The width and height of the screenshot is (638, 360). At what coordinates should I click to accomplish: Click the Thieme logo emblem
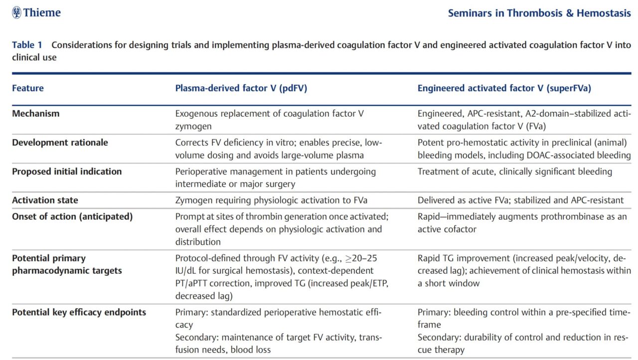coord(16,12)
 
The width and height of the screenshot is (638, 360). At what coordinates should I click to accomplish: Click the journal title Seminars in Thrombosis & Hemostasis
coord(539,13)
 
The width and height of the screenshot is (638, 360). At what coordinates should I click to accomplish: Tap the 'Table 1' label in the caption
coord(27,45)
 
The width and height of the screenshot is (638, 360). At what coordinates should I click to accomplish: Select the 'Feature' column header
coord(27,88)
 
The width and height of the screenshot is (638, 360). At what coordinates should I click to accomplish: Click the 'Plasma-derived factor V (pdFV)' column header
coord(241,88)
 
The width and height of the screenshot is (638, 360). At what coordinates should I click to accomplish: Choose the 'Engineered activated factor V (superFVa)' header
coord(504,88)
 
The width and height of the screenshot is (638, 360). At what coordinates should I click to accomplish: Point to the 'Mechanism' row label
coord(35,113)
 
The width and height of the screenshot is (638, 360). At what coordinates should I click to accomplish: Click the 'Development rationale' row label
coord(60,143)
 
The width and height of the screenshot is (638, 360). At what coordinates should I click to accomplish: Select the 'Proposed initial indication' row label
coord(67,172)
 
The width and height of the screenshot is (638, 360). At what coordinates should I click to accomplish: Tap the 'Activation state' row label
coord(45,200)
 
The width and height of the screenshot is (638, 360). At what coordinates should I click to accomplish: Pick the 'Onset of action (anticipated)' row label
coord(72,217)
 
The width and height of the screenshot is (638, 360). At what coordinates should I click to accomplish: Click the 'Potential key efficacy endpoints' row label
coord(79,312)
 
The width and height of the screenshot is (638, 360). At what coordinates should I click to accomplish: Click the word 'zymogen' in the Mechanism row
coord(193,127)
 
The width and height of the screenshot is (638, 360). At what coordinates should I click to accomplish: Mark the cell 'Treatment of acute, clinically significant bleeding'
coord(515,172)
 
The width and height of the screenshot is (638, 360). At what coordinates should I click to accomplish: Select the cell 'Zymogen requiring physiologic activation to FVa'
coord(271,200)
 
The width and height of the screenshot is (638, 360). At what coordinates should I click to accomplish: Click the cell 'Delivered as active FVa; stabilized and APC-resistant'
coord(520,200)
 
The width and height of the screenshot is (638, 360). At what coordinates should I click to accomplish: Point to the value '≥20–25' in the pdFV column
coord(361,258)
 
